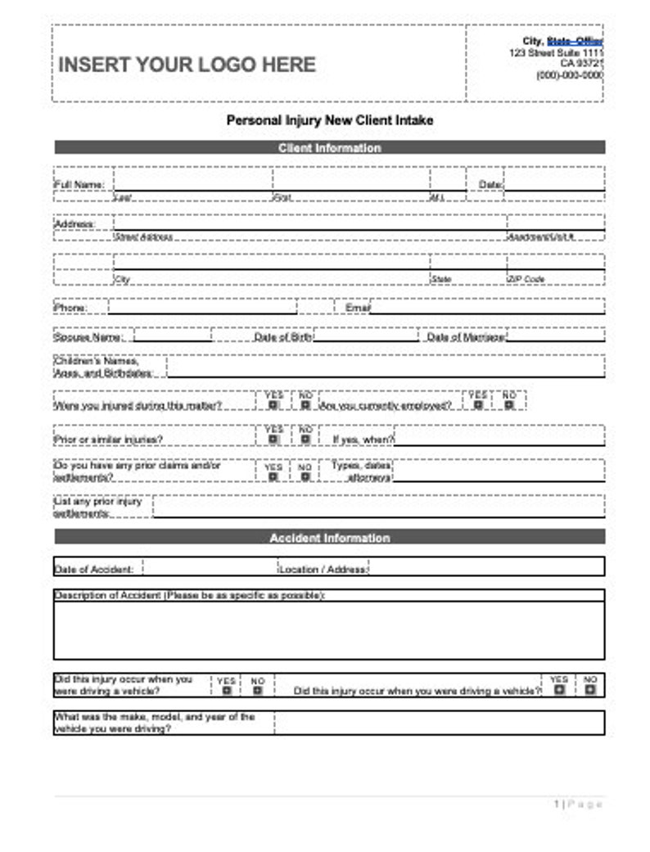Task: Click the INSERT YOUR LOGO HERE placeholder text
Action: (187, 65)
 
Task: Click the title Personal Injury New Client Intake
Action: (329, 120)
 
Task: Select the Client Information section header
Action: (329, 148)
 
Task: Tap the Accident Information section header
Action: (329, 538)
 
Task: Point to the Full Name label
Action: (79, 185)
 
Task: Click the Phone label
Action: (70, 309)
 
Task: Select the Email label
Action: (358, 309)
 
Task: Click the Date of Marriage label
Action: (466, 336)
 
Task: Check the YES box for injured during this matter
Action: (273, 404)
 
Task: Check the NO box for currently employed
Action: (509, 404)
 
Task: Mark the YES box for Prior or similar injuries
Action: (273, 440)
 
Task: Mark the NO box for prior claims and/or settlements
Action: (305, 477)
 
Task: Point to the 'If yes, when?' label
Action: (363, 440)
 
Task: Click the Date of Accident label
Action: (93, 569)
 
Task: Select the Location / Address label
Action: (323, 569)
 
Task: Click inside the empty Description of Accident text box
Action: (329, 630)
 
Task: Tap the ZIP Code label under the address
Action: (526, 279)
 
